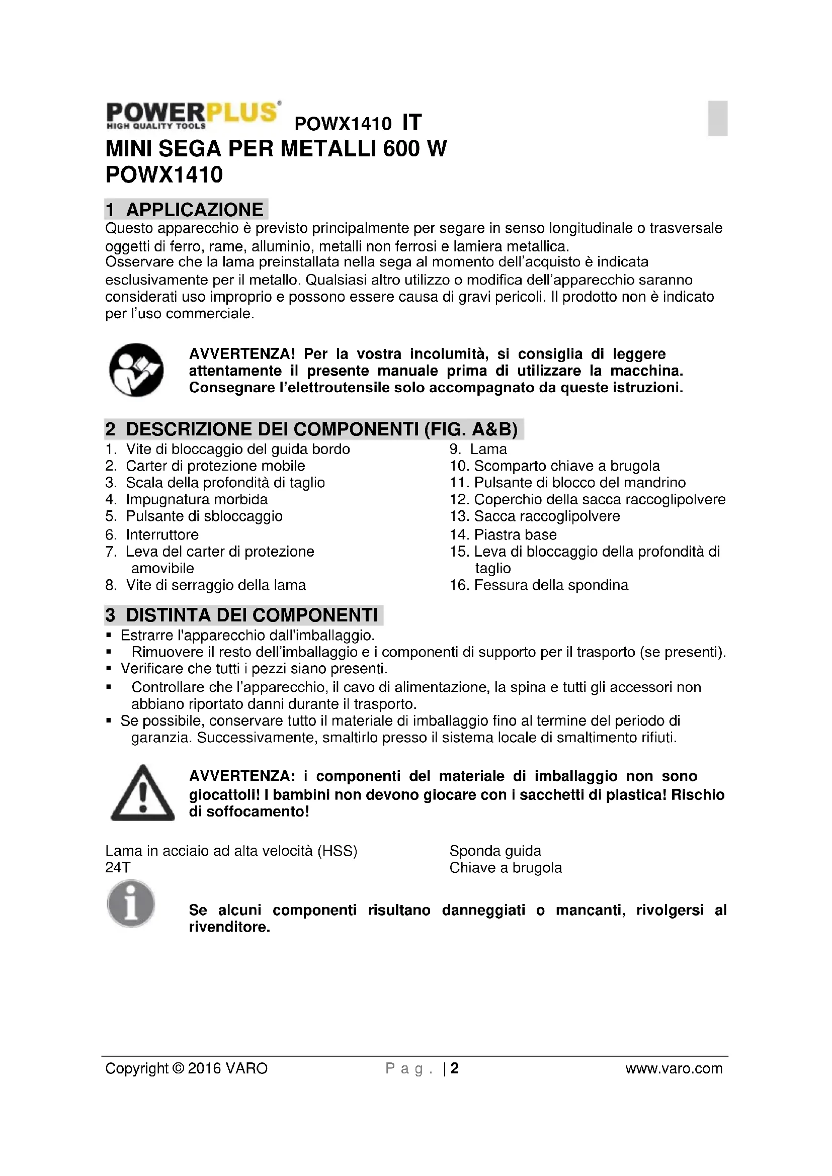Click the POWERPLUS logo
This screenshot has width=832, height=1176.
pos(193,115)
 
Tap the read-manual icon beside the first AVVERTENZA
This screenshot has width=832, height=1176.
pos(136,370)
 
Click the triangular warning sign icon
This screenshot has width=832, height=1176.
pos(142,793)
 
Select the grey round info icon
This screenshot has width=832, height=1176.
pos(131,903)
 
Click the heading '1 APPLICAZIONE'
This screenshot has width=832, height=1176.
pos(186,210)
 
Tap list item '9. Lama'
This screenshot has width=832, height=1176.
pos(478,449)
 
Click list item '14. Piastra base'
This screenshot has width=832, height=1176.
pos(503,535)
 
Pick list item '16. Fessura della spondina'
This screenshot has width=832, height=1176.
pos(539,585)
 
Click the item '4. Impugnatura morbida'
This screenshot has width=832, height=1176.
pos(187,499)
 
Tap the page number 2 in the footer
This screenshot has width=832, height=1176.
pos(454,1068)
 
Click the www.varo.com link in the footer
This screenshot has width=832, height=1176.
pos(674,1068)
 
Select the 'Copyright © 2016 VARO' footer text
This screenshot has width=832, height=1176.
pos(187,1068)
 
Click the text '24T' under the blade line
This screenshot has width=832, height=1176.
pos(118,868)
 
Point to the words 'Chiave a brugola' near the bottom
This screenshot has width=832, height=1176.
pos(506,868)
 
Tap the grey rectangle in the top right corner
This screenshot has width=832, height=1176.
pos(717,118)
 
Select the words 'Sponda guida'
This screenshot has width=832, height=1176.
pos(495,851)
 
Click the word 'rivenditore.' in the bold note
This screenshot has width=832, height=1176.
pos(229,927)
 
